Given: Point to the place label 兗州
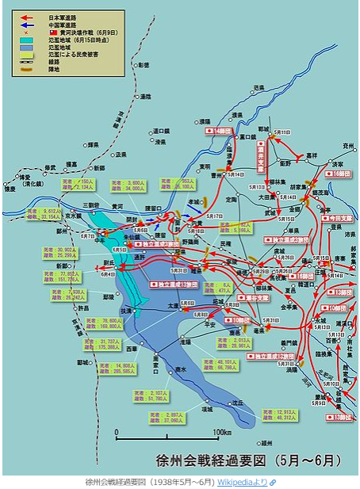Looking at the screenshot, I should point(347,146).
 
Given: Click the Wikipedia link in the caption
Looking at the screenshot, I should point(243,482).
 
